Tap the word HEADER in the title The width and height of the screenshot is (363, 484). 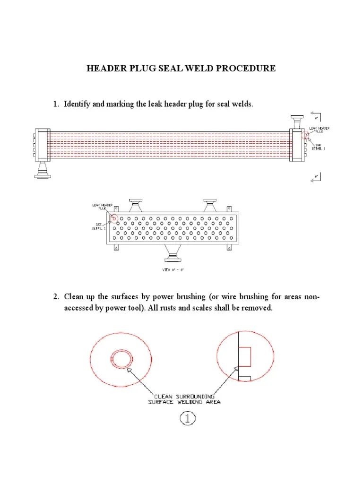(105, 69)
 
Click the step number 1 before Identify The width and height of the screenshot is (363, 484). (55, 104)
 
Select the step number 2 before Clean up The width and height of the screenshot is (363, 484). (55, 297)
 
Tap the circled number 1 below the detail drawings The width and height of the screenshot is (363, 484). (187, 418)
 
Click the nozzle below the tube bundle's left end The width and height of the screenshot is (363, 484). (42, 170)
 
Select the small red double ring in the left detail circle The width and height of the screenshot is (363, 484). (119, 359)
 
